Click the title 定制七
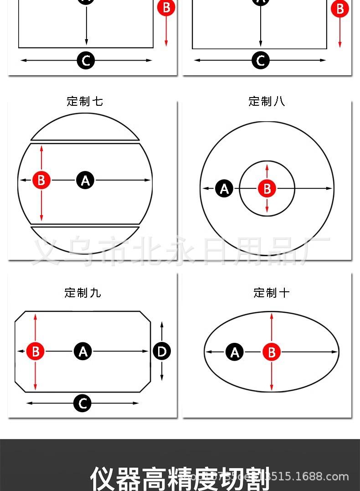tap(85, 101)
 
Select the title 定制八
tap(267, 101)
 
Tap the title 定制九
tap(82, 293)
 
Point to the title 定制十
tap(271, 293)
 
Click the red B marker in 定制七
tap(41, 181)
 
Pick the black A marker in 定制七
tap(85, 181)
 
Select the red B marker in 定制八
tap(267, 188)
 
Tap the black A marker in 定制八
tap(224, 188)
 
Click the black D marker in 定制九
tap(162, 351)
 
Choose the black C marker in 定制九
tap(83, 403)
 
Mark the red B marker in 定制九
tap(35, 351)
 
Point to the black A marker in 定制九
tap(83, 351)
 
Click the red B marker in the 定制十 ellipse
tap(272, 352)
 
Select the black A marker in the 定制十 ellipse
tap(235, 352)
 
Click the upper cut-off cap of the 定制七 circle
tap(85, 128)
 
